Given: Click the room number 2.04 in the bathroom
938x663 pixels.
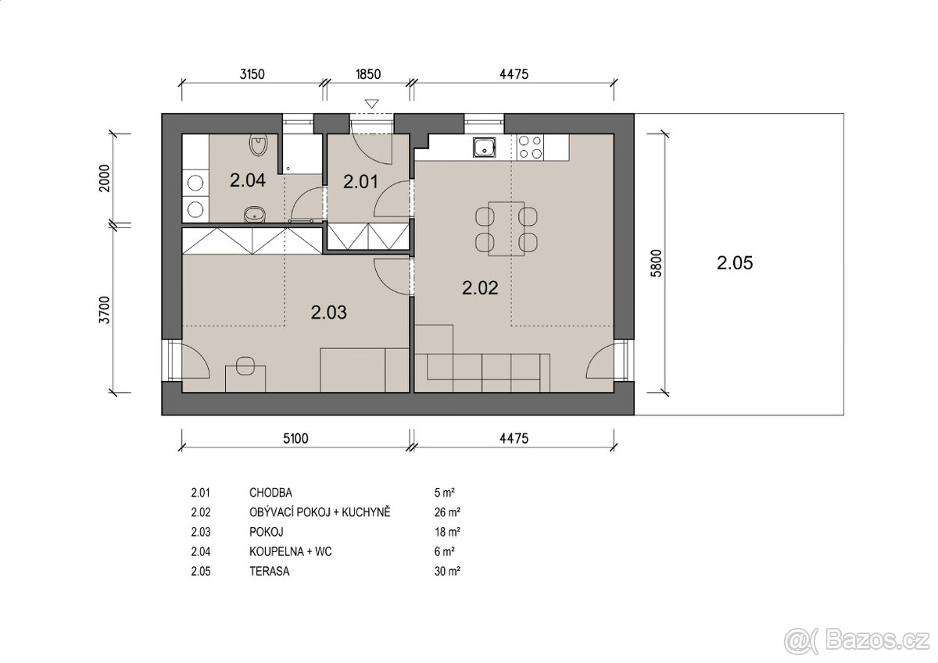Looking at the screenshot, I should coord(247,180).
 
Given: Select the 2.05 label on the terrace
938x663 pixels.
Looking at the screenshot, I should coord(734,263).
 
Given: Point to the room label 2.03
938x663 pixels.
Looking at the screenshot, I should coord(328,313).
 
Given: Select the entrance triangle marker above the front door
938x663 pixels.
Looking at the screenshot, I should coord(371,103).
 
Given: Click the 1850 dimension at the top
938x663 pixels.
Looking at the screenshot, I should coord(367,75).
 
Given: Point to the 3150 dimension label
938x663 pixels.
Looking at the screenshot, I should coord(252,75).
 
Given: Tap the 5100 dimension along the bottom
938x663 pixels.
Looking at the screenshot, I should coord(295,439).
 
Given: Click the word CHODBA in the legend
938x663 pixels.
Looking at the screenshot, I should coord(270,493).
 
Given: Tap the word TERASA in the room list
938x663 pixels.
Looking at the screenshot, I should coord(270,571).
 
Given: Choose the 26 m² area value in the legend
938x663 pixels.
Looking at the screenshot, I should coord(446,512).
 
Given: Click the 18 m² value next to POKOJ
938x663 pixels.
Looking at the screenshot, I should coord(446,532).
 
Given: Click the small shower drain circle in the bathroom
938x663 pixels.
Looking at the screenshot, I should coord(289,167).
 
